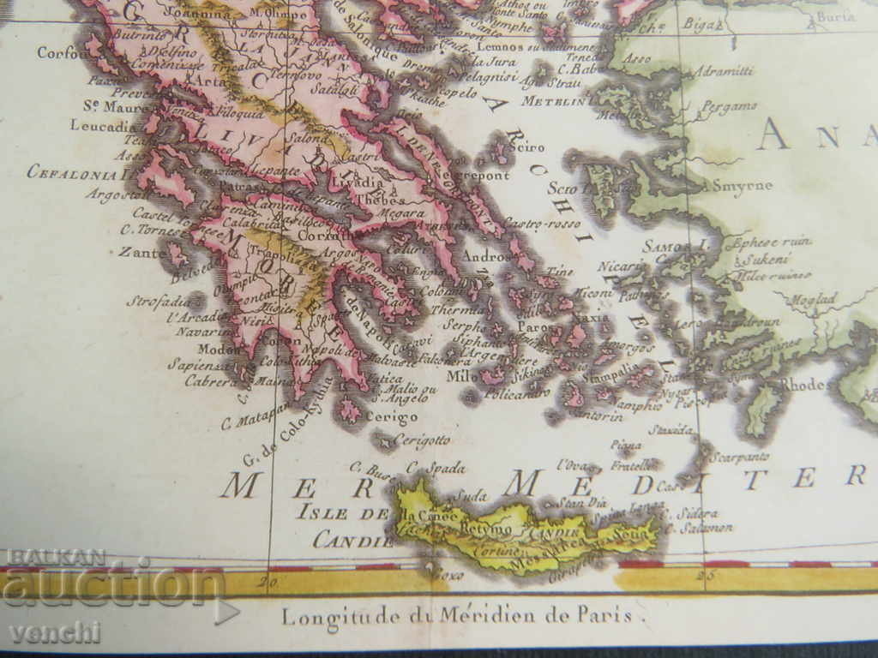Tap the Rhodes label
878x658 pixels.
(803, 385)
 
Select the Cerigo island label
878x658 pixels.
(391, 417)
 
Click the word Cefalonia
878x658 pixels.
(72, 171)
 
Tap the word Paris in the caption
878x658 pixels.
(604, 614)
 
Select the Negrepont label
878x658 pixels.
(472, 175)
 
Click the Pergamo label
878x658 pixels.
(730, 106)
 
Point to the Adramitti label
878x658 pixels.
(725, 72)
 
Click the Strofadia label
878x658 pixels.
(158, 301)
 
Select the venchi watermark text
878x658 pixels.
(55, 632)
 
